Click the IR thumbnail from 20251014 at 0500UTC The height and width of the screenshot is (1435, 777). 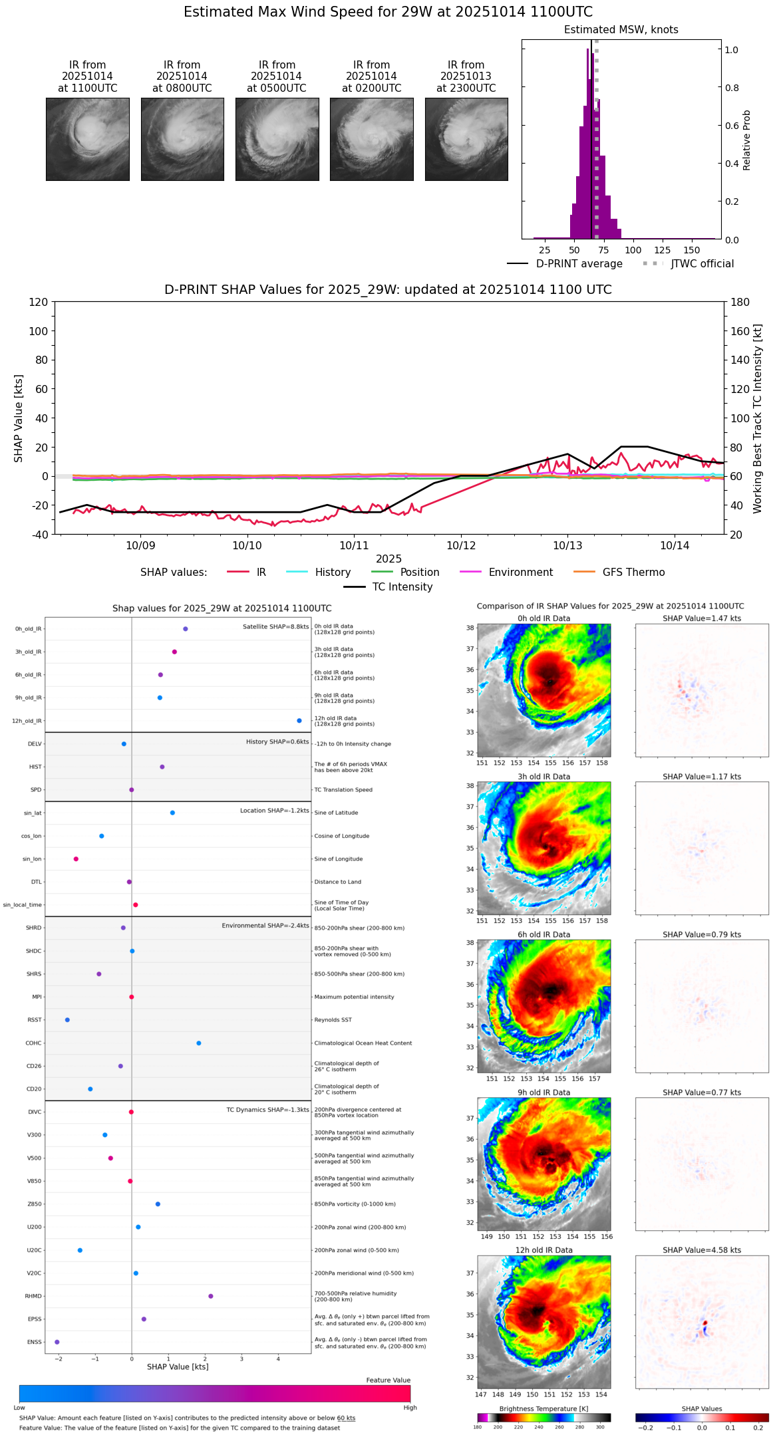tap(277, 139)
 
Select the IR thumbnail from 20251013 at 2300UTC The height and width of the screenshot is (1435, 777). tap(466, 139)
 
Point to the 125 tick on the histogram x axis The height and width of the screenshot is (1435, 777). tap(662, 250)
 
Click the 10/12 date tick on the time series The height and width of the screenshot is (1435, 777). tap(461, 546)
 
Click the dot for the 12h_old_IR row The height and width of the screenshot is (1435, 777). tap(299, 721)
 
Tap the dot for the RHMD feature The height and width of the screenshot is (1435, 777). tap(211, 1296)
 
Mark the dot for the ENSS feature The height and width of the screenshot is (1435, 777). tap(57, 1342)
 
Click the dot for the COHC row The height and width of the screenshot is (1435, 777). tap(199, 1043)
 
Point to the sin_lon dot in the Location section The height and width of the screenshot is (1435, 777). tap(76, 859)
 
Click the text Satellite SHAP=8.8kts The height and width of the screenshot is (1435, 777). tap(275, 627)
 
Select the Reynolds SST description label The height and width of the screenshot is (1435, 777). tap(333, 1020)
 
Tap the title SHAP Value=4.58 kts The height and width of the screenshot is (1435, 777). tap(702, 1250)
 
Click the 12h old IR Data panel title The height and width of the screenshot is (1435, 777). tap(544, 1250)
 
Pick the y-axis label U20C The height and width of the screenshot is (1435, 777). tap(34, 1250)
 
